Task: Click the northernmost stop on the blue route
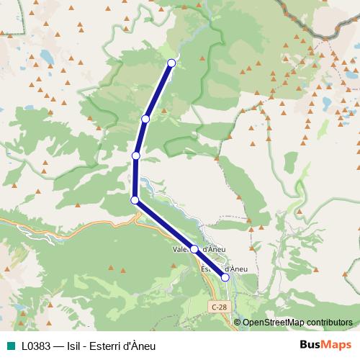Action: point(171,63)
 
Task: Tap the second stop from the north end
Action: point(145,119)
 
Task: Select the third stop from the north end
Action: point(135,156)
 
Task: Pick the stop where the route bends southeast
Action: point(135,200)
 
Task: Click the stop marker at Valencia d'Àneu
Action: point(194,249)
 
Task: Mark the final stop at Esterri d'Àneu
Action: point(225,277)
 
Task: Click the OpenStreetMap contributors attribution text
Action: point(297,322)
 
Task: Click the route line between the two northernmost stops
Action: point(158,91)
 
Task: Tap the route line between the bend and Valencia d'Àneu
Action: point(164,225)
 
